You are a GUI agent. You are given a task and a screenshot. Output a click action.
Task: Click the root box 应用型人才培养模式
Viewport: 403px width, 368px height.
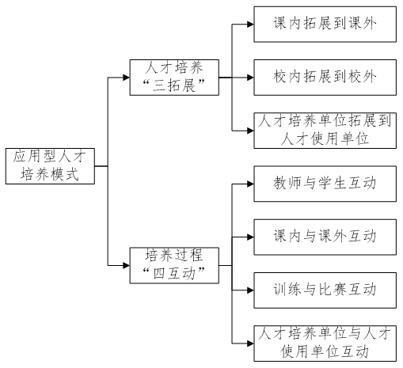tap(50, 166)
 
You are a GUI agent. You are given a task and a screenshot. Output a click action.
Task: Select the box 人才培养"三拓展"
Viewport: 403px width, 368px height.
tap(174, 78)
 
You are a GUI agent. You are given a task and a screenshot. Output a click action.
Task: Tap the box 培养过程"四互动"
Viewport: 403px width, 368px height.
tap(174, 265)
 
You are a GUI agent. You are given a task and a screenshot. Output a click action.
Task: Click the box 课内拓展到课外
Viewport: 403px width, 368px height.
tap(325, 25)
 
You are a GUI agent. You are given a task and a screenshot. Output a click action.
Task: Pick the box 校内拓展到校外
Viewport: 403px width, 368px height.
tap(325, 78)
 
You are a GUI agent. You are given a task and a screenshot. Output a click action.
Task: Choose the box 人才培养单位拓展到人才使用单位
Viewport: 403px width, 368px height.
tap(325, 131)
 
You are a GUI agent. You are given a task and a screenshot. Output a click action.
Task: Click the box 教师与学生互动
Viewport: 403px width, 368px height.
tap(325, 184)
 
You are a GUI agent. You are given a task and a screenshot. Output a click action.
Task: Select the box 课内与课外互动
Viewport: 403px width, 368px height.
tap(325, 237)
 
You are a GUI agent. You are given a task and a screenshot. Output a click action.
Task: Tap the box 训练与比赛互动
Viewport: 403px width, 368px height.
tap(325, 290)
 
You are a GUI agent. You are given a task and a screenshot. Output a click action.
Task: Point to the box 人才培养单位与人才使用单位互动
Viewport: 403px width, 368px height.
tap(325, 343)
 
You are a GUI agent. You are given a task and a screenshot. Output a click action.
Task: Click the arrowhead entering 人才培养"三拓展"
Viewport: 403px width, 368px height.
tap(126, 78)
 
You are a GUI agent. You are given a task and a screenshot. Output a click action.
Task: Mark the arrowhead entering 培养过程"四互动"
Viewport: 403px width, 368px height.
tap(126, 265)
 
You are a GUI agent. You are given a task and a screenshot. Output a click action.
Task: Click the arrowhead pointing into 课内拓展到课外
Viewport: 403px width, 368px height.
tap(250, 25)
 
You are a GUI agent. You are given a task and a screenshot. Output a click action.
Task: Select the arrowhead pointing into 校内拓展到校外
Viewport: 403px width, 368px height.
tap(250, 78)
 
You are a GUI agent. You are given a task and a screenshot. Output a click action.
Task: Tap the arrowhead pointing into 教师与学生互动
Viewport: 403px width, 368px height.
tap(250, 184)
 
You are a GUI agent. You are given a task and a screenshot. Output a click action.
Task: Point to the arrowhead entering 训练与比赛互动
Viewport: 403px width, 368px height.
tap(250, 290)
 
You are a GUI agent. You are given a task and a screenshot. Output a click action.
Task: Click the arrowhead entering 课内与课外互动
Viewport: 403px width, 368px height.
tap(250, 237)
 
